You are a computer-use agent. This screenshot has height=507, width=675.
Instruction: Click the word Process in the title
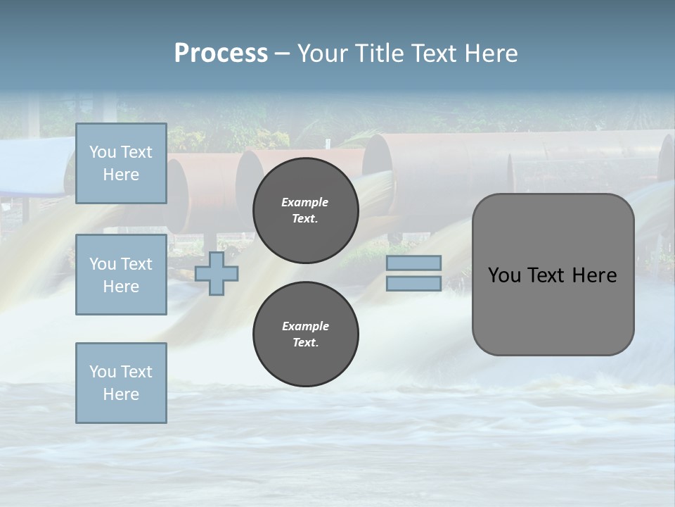(x=221, y=54)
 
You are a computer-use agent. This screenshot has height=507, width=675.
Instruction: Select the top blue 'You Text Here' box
(x=121, y=163)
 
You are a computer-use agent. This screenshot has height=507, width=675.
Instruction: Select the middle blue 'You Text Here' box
(x=121, y=275)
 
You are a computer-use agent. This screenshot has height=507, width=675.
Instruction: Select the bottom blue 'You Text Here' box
(x=121, y=383)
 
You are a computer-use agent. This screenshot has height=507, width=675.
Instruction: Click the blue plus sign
(x=217, y=273)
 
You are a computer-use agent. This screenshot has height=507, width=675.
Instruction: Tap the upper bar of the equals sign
(x=413, y=263)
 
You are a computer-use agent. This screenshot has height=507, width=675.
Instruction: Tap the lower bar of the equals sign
(x=413, y=284)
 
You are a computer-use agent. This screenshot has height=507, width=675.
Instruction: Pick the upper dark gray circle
(x=306, y=210)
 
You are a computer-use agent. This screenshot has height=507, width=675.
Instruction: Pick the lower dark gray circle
(x=306, y=334)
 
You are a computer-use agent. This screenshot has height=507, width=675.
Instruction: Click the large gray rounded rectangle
(x=553, y=310)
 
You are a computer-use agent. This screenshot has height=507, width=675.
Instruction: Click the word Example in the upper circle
(x=304, y=202)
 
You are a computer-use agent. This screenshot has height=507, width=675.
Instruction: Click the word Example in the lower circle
(x=305, y=326)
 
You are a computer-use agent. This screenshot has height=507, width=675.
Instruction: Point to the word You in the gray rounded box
(x=504, y=275)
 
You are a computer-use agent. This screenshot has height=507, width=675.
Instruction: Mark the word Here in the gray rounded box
(x=594, y=275)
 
